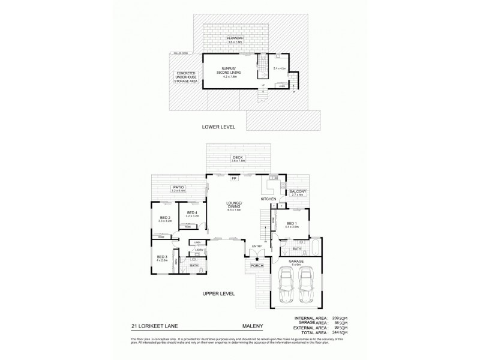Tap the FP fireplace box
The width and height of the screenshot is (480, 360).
click(x=235, y=178)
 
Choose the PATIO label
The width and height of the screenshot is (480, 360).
click(x=178, y=188)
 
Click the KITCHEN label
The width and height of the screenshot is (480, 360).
click(x=268, y=198)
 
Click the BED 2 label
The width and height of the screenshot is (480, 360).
click(x=166, y=218)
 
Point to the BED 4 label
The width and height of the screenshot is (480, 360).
click(x=192, y=212)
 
